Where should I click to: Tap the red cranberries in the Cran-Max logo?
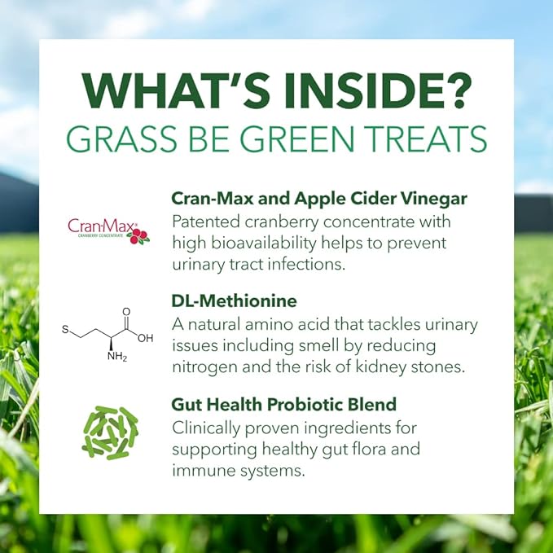click(139, 237)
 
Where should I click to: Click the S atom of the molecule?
click(64, 330)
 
